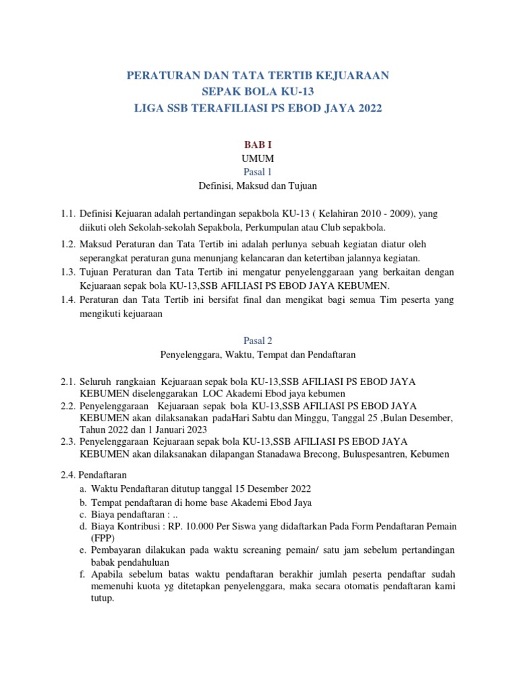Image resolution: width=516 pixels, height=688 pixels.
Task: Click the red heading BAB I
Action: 257,144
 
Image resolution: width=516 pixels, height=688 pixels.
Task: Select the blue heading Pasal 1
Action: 257,172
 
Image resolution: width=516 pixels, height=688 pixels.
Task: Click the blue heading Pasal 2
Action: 257,341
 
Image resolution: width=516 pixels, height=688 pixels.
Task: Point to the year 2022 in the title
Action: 368,107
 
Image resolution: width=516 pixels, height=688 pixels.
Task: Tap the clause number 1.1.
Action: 67,214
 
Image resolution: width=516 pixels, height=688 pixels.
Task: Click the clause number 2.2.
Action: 67,406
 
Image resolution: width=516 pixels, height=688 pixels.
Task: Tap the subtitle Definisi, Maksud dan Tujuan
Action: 257,185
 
